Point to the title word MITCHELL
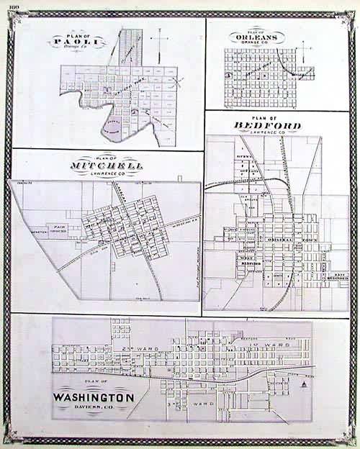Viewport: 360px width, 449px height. click(106, 166)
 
